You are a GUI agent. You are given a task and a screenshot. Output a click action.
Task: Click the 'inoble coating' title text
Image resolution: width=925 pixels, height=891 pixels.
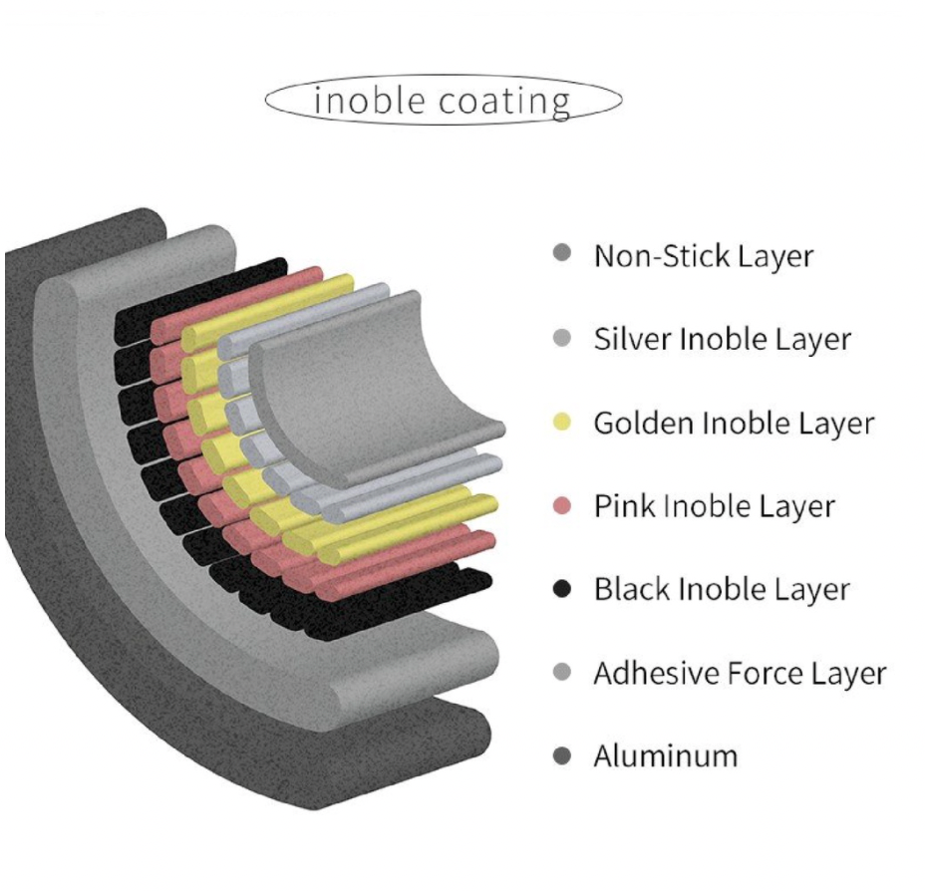pyautogui.click(x=443, y=101)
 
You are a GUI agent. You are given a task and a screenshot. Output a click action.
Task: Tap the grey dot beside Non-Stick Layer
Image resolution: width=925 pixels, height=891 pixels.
pyautogui.click(x=562, y=256)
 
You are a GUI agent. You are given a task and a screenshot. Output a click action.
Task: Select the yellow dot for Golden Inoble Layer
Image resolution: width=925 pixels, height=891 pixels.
pyautogui.click(x=562, y=423)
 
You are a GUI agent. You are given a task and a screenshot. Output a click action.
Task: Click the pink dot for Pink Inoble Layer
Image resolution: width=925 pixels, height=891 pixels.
pyautogui.click(x=562, y=506)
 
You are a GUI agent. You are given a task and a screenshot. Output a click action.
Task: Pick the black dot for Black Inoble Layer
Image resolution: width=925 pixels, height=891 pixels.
pyautogui.click(x=562, y=589)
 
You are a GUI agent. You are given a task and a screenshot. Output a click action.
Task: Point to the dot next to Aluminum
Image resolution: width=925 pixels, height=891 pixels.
pyautogui.click(x=562, y=756)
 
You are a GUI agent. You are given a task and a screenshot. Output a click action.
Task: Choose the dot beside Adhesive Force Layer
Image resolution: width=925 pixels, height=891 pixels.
pyautogui.click(x=562, y=674)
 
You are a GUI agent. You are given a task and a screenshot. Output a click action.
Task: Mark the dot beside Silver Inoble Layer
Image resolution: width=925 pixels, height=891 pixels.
pyautogui.click(x=562, y=340)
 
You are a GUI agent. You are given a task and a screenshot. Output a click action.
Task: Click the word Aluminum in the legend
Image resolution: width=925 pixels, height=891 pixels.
pyautogui.click(x=665, y=756)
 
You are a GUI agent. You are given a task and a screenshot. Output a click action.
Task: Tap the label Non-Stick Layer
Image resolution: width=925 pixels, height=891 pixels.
pyautogui.click(x=703, y=256)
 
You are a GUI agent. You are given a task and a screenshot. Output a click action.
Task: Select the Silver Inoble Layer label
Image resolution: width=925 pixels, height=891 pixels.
pyautogui.click(x=722, y=340)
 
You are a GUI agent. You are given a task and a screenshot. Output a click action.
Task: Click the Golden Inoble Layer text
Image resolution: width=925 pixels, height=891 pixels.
pyautogui.click(x=733, y=423)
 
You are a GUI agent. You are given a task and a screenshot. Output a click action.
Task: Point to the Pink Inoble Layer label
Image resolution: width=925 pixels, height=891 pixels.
pyautogui.click(x=714, y=506)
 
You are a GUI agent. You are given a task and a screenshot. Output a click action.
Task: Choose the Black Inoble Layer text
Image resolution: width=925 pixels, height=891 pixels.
pyautogui.click(x=721, y=589)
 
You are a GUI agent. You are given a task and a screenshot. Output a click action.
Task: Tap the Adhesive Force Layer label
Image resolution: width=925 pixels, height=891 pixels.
pyautogui.click(x=739, y=674)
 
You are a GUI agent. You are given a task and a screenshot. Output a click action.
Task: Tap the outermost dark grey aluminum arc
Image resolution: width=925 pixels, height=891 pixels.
pyautogui.click(x=60, y=558)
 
